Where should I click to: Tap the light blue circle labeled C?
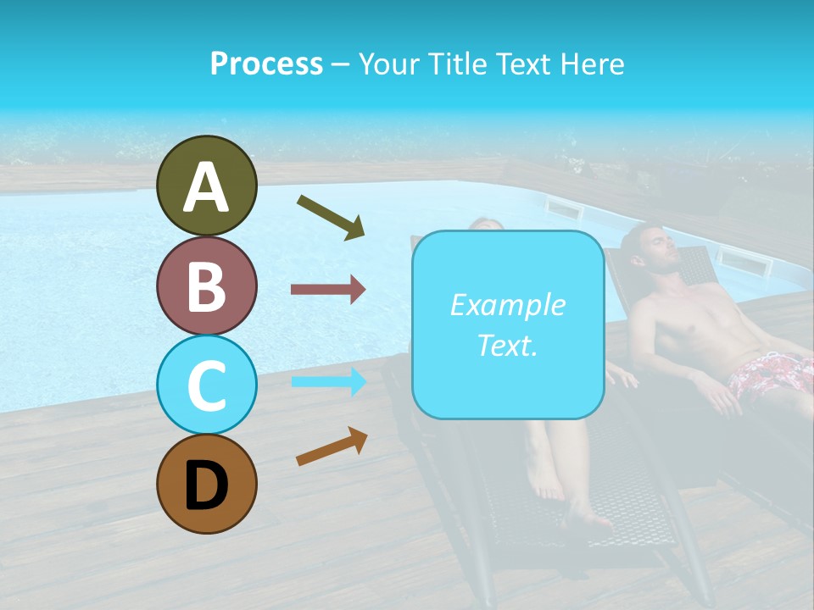point(206,384)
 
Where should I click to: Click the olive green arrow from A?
point(331,217)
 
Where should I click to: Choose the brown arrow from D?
point(332,446)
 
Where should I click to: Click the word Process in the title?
point(266,64)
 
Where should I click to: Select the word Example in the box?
point(507,305)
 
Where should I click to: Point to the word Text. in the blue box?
point(507,346)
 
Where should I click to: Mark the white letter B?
point(206,286)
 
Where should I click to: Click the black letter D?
point(206,485)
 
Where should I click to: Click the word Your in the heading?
point(387,64)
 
